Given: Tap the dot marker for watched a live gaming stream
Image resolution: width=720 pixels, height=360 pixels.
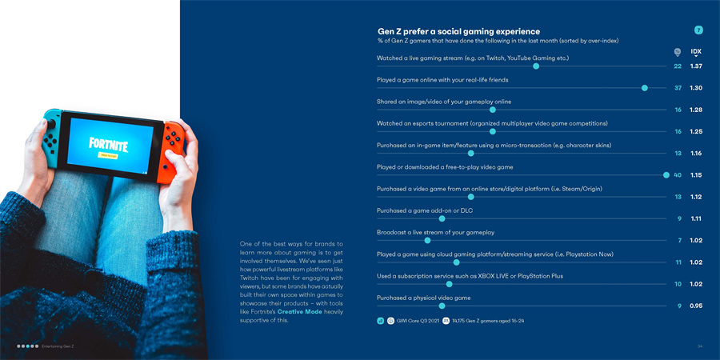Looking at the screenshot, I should (x=536, y=66).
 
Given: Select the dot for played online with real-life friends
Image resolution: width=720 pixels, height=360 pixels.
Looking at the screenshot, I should (x=645, y=88).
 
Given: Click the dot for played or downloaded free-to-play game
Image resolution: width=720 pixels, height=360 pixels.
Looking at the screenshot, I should (x=666, y=174).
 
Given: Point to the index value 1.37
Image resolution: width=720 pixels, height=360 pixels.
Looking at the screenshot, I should (x=696, y=66).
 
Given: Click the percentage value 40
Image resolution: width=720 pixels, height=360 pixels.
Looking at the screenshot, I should (x=678, y=174).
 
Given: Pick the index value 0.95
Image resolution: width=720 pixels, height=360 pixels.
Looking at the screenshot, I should (x=696, y=305).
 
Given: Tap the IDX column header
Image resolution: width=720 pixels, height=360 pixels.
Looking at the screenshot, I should (x=696, y=51).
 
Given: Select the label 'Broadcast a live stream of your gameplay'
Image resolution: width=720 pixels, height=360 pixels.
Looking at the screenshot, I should (x=435, y=232).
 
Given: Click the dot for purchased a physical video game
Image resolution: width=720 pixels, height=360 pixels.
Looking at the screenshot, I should (x=442, y=305).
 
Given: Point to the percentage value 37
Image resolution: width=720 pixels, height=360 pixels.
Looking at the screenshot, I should (x=678, y=88).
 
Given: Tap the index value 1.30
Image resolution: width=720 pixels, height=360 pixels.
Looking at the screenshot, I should (x=696, y=88).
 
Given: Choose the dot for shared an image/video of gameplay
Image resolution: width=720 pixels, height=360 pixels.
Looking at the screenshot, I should (x=493, y=110).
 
